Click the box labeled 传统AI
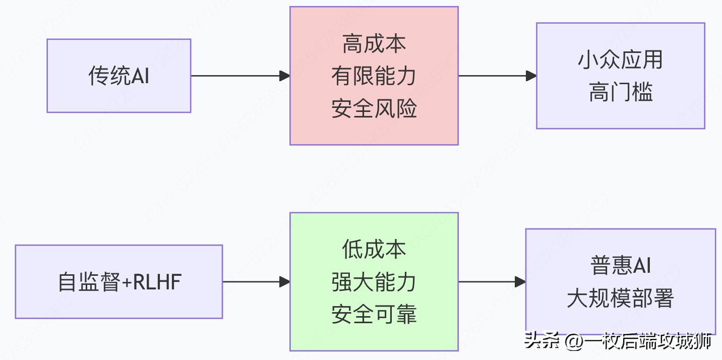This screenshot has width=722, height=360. (x=118, y=76)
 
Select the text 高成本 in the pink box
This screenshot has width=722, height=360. (x=374, y=44)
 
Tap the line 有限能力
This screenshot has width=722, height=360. (x=374, y=76)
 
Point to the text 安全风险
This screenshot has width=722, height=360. (x=374, y=108)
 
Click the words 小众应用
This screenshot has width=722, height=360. (x=620, y=60)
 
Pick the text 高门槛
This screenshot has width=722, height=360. (x=620, y=92)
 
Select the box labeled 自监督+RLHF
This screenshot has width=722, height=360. (x=118, y=282)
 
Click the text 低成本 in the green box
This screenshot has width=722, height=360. (x=374, y=250)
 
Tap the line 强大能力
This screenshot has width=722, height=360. (x=374, y=282)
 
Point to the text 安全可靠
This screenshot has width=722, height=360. (x=374, y=315)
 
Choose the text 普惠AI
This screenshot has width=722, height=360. (x=620, y=266)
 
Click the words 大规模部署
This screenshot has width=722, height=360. (x=620, y=298)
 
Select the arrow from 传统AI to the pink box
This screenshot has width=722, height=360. (x=237, y=76)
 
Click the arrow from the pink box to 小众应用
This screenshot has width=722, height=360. (x=494, y=76)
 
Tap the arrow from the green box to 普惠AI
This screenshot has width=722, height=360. (x=489, y=282)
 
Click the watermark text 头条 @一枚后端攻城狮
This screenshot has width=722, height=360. (x=617, y=341)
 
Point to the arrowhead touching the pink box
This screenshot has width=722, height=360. (x=285, y=76)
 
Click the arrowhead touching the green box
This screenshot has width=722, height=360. (x=285, y=282)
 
